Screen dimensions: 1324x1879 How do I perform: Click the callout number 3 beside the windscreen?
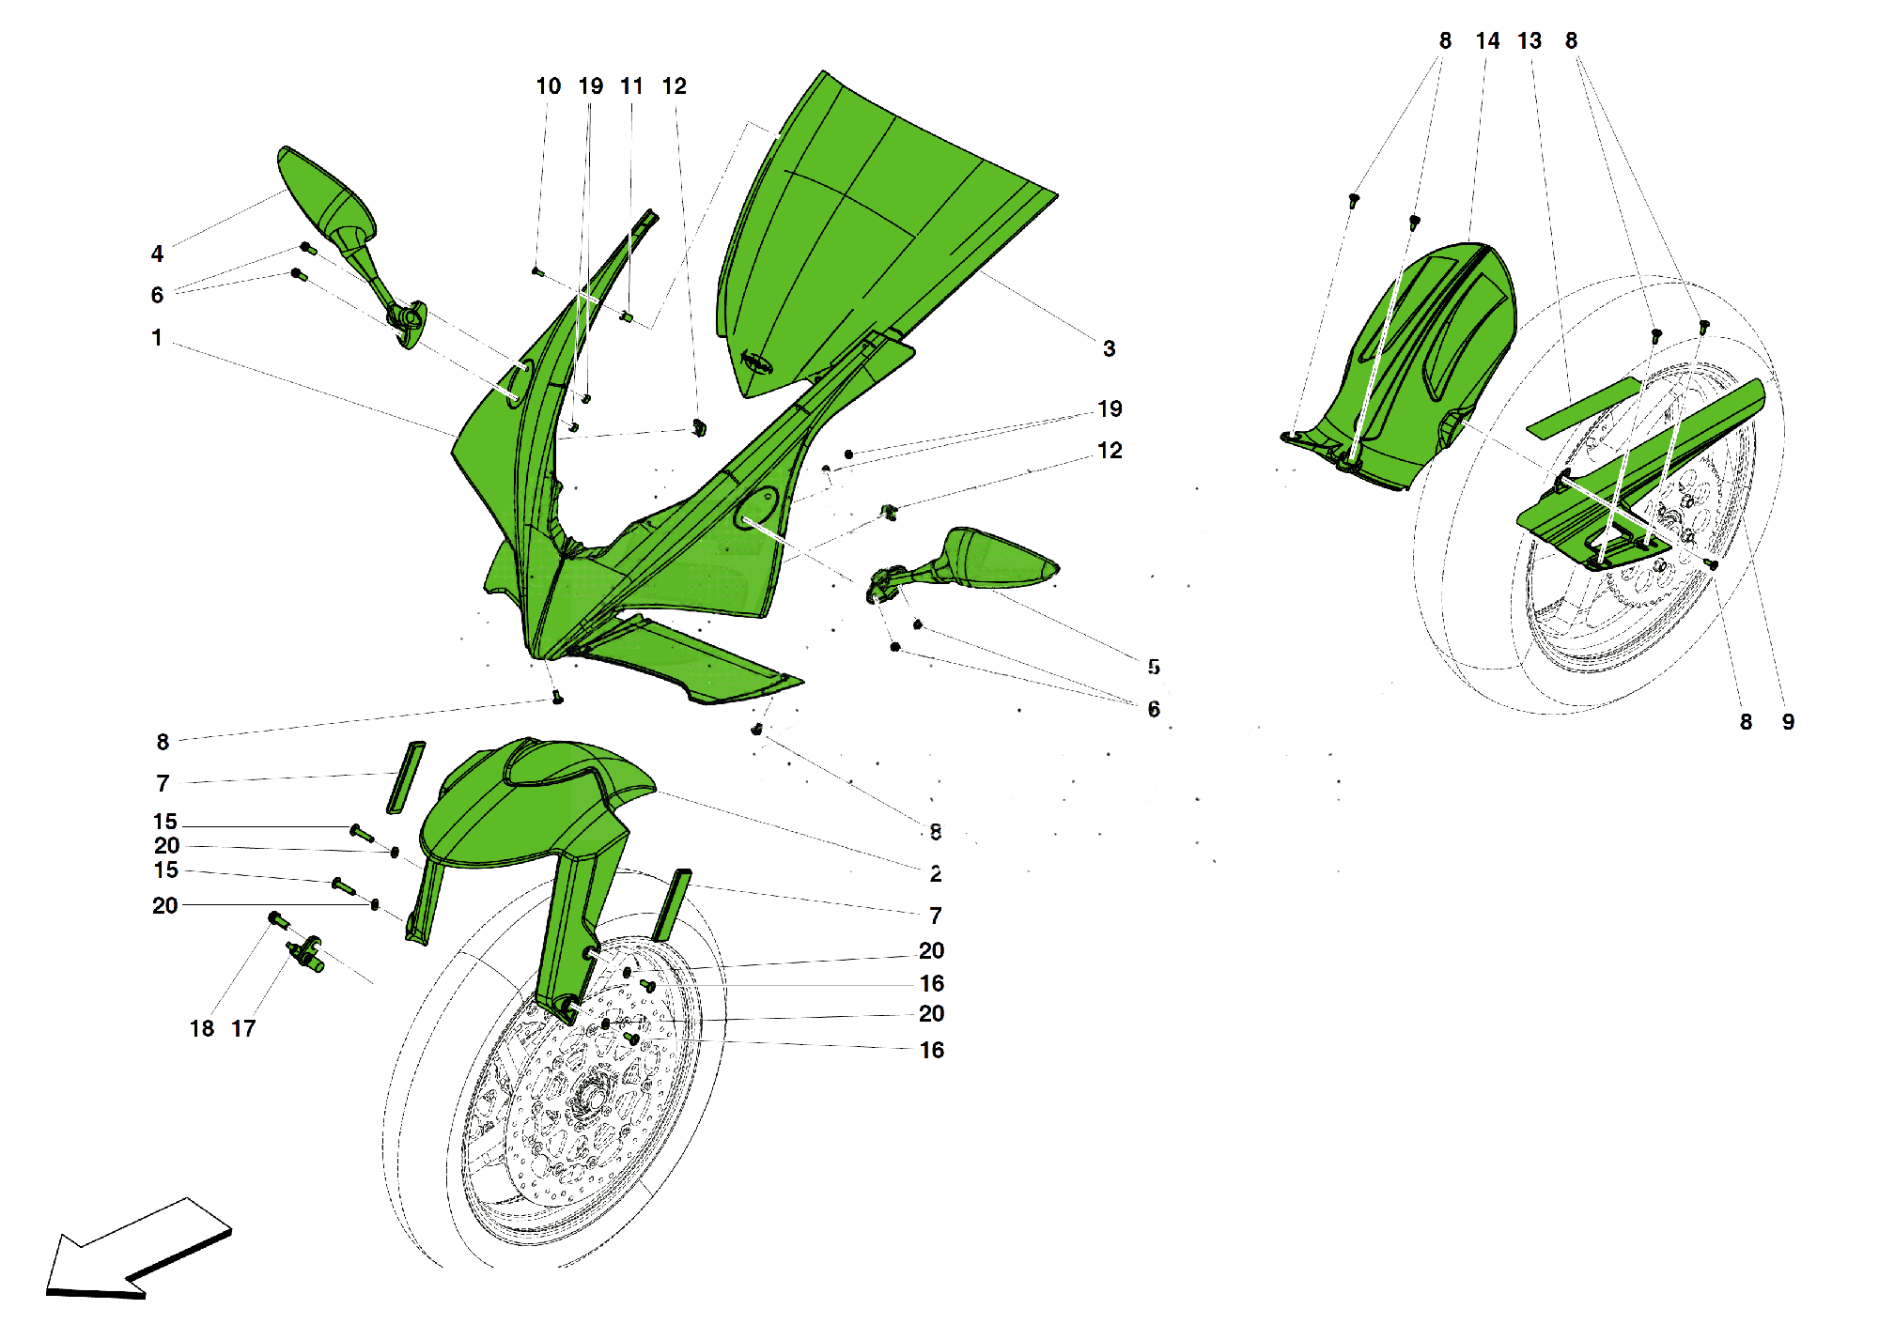tap(1109, 348)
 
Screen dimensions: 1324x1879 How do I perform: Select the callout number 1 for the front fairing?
tap(157, 337)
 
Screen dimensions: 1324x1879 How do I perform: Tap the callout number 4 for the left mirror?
tap(157, 254)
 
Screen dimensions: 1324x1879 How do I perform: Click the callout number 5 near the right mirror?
tap(1153, 667)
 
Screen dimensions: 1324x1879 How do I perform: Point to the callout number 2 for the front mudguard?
tap(935, 873)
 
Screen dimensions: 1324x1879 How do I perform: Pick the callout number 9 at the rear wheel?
tap(1788, 721)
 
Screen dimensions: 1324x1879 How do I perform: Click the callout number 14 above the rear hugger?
tap(1487, 40)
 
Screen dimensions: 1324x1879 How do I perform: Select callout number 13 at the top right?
tap(1530, 40)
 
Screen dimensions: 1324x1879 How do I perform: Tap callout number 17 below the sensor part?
tap(243, 1028)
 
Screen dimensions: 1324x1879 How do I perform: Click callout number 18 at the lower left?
tap(201, 1028)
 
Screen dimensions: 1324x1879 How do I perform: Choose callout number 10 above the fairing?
tap(548, 85)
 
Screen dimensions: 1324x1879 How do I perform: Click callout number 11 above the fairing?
tap(631, 85)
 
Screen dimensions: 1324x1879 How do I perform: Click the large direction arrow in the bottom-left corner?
tap(136, 1249)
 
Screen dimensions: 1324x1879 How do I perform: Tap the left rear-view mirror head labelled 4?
tap(324, 197)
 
